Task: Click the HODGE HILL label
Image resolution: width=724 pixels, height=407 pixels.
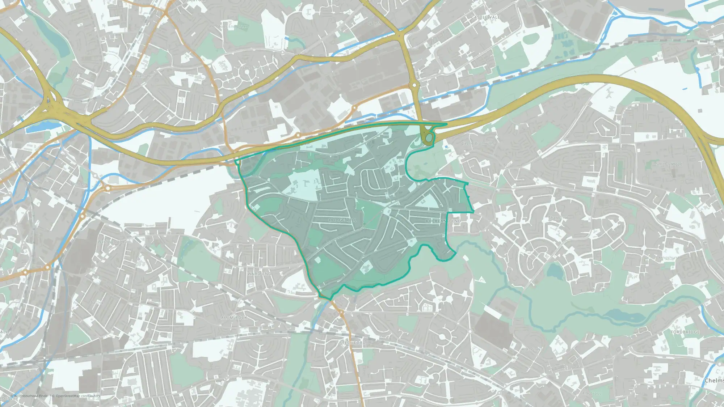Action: click(x=342, y=220)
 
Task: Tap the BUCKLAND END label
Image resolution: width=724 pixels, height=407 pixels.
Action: click(x=443, y=221)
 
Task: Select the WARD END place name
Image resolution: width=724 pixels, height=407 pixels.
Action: click(x=260, y=274)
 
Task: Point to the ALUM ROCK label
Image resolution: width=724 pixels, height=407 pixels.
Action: click(x=234, y=318)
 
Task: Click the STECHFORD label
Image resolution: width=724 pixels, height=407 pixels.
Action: click(x=353, y=343)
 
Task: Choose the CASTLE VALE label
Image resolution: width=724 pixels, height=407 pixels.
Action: click(x=485, y=17)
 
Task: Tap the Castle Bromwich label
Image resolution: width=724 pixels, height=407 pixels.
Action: click(x=477, y=144)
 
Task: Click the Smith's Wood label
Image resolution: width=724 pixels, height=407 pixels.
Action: click(x=669, y=164)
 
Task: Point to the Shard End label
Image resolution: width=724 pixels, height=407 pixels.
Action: click(x=558, y=218)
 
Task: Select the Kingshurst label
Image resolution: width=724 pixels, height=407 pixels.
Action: click(x=669, y=258)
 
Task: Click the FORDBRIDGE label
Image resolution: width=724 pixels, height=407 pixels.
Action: click(x=685, y=332)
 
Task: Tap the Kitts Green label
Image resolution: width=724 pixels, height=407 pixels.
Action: click(x=532, y=349)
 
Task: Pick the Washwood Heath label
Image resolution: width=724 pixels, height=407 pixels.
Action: click(x=114, y=242)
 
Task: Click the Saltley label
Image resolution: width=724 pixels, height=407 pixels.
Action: click(x=96, y=302)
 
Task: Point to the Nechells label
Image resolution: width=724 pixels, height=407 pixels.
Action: click(x=79, y=184)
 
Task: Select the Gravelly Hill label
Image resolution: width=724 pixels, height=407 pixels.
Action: click(x=142, y=76)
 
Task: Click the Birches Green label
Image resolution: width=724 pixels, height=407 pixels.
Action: click(x=251, y=68)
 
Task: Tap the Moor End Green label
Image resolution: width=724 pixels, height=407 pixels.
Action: click(x=232, y=26)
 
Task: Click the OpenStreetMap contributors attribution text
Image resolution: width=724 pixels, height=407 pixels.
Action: click(x=78, y=396)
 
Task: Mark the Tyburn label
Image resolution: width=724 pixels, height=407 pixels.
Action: click(x=374, y=23)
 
